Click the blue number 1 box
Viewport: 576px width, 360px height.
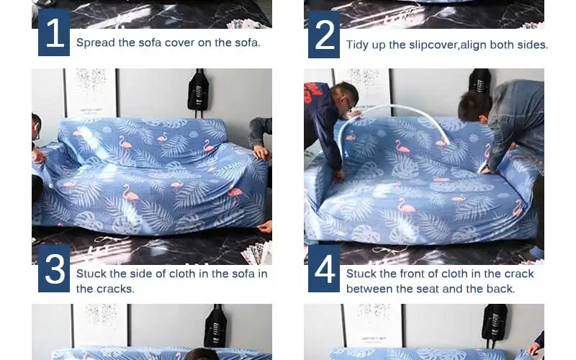54,32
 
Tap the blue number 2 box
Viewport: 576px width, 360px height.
324,34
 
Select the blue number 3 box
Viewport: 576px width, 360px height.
54,269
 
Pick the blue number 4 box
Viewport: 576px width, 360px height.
324,269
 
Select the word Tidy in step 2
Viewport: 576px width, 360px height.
357,45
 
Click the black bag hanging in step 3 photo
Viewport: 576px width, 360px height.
199,90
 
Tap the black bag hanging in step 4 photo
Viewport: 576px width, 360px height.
480,84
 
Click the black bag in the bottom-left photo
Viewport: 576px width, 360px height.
215,326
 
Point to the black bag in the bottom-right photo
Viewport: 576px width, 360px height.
495,326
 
